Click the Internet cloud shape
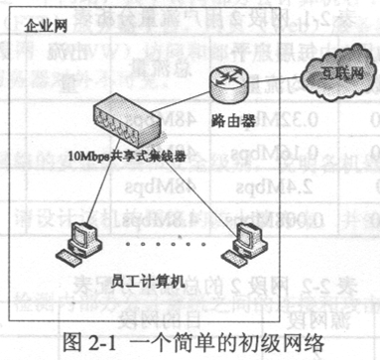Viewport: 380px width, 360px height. [x=322, y=72]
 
